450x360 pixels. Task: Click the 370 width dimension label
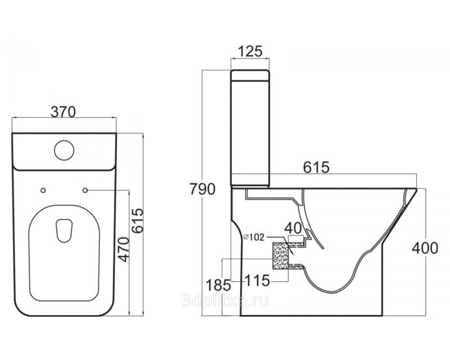click(63, 112)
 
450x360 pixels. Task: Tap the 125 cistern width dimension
click(250, 51)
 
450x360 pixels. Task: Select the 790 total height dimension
click(202, 189)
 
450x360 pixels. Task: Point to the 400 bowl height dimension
click(425, 248)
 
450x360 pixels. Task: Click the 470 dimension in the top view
click(124, 249)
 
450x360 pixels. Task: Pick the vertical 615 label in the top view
click(137, 221)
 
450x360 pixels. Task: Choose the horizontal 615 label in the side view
click(316, 167)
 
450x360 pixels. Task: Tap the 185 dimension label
click(218, 285)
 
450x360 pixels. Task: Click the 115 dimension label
click(257, 280)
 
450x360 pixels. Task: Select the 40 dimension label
click(293, 228)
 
